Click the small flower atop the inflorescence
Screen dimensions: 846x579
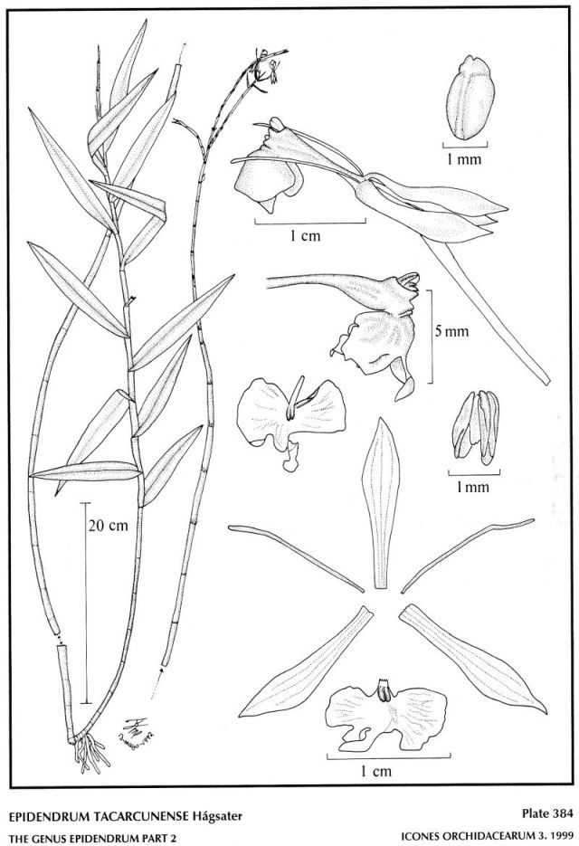pos(263,68)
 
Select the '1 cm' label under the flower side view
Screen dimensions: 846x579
pos(308,236)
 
